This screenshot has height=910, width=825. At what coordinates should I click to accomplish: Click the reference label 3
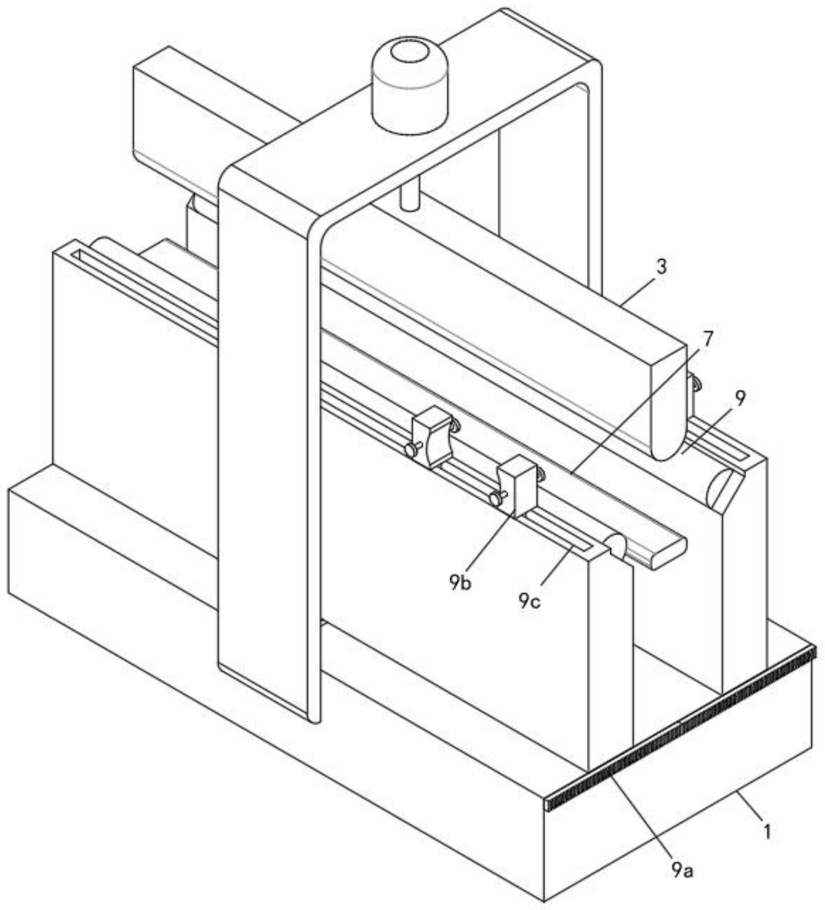click(661, 267)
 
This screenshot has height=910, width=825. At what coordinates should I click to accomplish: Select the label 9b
click(459, 583)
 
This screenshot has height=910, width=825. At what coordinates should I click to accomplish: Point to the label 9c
click(529, 601)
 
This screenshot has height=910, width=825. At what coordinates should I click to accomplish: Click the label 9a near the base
click(682, 869)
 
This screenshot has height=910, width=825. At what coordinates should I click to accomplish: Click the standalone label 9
click(740, 399)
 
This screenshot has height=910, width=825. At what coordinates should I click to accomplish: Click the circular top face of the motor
click(410, 53)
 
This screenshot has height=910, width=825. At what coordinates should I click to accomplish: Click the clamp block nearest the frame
click(433, 435)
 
